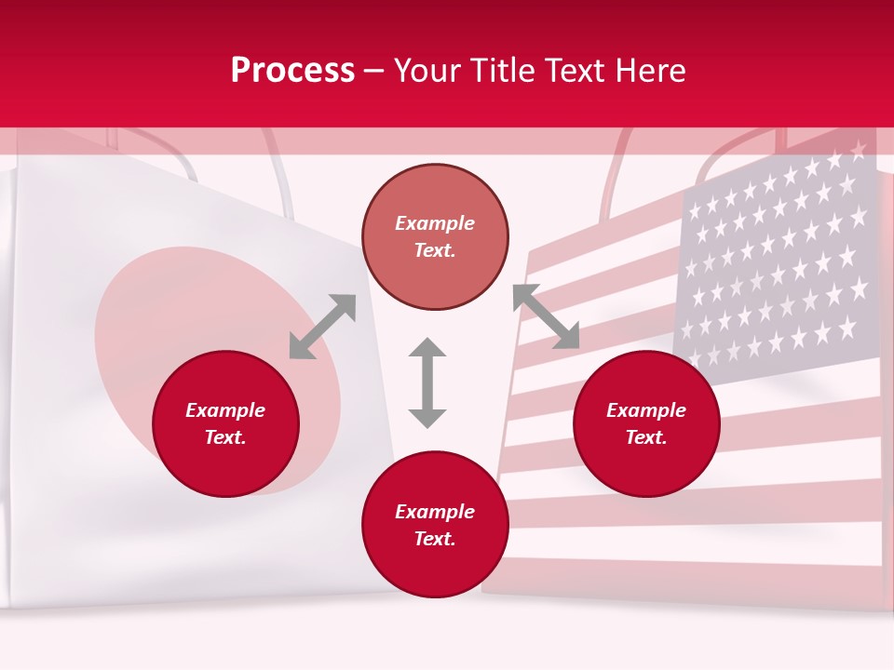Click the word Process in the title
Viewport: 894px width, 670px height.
[292, 71]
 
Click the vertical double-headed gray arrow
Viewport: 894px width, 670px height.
[427, 382]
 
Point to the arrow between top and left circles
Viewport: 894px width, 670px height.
[322, 327]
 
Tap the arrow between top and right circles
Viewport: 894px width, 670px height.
[546, 316]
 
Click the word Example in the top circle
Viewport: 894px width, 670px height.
[435, 223]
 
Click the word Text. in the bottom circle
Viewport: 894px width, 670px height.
[435, 539]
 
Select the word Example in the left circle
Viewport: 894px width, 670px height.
[225, 410]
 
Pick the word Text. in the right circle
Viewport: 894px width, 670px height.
[646, 437]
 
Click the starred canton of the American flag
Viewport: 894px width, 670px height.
[778, 261]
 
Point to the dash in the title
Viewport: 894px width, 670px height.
[374, 72]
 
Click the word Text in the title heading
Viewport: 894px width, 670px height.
[575, 71]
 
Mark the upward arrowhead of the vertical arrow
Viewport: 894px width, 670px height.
[427, 348]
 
